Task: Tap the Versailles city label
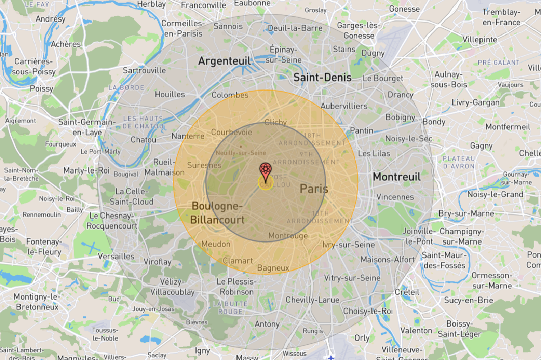point(117,256)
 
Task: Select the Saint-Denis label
point(322,77)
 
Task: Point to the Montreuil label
point(396,177)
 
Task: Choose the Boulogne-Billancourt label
point(217,213)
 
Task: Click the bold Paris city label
point(314,189)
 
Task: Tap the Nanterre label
point(188,136)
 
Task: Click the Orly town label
point(362,337)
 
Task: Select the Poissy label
point(41,89)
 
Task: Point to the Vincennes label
point(395,197)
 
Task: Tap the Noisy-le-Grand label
point(495,194)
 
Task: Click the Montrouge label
point(288,236)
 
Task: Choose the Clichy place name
point(276,122)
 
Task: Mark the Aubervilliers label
point(344,106)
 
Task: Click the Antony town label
point(267,324)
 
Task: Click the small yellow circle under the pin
point(265,183)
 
